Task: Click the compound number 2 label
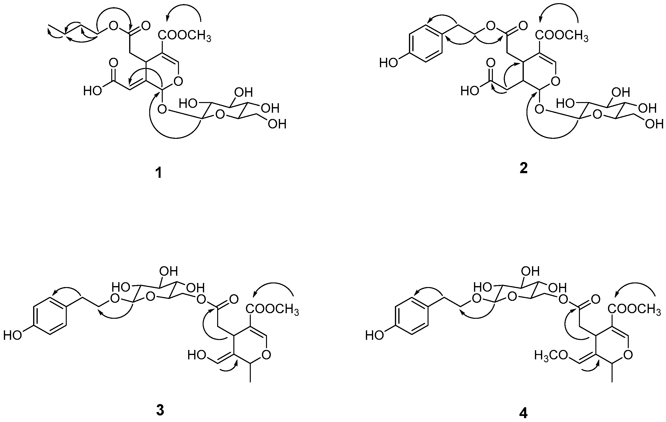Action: (x=523, y=169)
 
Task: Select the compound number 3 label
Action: (x=160, y=410)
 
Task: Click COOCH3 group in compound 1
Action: (x=185, y=36)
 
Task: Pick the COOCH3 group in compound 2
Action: (x=562, y=36)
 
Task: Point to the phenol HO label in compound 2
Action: (x=388, y=63)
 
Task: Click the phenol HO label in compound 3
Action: (x=12, y=336)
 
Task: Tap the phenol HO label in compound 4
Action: (x=375, y=336)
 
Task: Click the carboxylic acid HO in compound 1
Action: (x=93, y=90)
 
